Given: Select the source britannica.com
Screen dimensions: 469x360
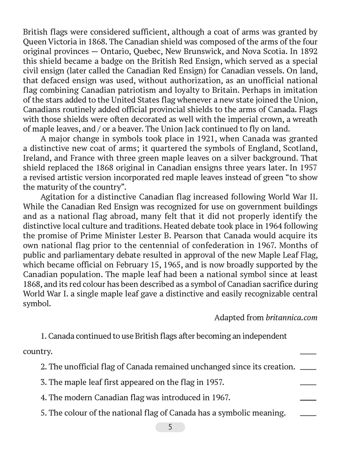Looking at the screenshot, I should (292, 318).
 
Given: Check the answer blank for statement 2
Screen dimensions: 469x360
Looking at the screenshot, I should (308, 367).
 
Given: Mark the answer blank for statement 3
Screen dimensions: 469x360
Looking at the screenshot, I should (308, 382).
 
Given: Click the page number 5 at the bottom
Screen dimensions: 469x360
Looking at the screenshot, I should (170, 427).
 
